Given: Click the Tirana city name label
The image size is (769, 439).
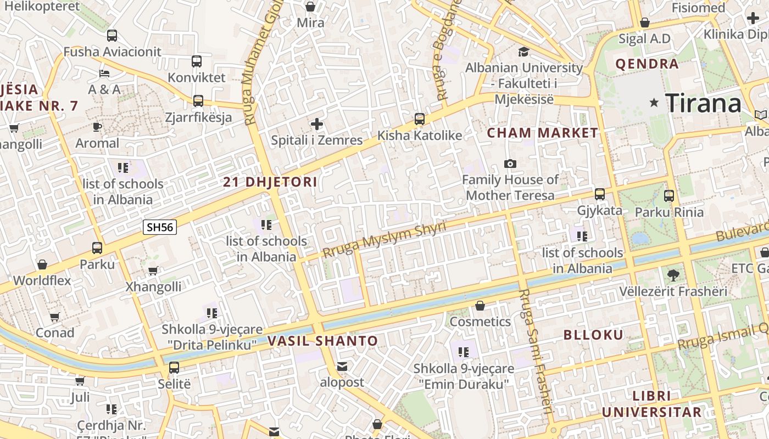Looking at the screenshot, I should click(x=703, y=103).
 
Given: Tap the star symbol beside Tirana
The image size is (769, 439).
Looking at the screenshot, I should click(x=654, y=103).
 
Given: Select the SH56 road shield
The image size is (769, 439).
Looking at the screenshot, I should click(x=160, y=227).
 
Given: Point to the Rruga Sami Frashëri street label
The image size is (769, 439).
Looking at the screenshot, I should click(x=535, y=351).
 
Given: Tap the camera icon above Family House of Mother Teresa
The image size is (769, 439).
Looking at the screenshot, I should click(x=510, y=164).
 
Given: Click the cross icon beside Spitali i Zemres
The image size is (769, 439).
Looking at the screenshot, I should click(x=317, y=124).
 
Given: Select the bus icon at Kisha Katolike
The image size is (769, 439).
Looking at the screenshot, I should click(x=420, y=119).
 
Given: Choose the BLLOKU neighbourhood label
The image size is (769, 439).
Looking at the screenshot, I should click(x=593, y=335).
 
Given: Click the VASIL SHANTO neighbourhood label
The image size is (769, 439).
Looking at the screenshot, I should click(x=323, y=341).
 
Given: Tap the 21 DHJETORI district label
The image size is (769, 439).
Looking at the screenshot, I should click(x=270, y=182).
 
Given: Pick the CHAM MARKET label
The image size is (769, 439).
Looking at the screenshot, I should click(x=542, y=133).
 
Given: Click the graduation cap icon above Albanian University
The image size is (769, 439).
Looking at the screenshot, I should click(x=523, y=52).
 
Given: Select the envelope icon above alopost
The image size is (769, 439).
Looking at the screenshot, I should click(x=342, y=367).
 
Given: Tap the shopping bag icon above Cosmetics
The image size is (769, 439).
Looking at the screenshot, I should click(x=480, y=306).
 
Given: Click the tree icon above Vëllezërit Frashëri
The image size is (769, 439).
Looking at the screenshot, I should click(x=673, y=275).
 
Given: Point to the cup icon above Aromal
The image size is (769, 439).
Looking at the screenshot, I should click(x=97, y=127).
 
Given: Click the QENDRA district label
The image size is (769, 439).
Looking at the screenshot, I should click(x=647, y=64).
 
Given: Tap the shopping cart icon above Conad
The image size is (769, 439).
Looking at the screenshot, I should click(x=54, y=317).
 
